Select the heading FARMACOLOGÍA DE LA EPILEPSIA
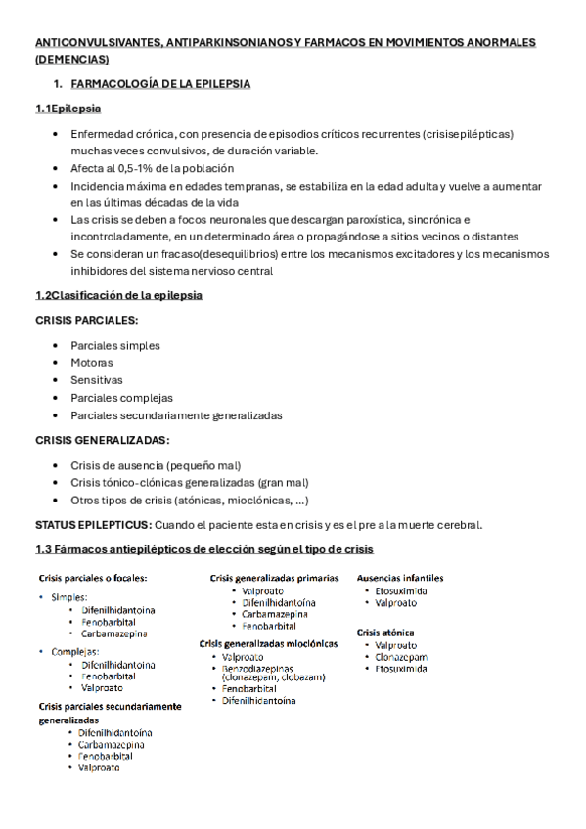pos(160,84)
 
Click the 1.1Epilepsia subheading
pos(68,109)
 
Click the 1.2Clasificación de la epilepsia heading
pos(118,295)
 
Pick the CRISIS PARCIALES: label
pos(86,320)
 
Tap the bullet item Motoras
pos(91,363)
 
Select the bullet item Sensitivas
pos(97,380)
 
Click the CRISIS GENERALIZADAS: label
pos(102,440)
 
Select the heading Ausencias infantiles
pos(400,578)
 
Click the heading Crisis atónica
pos(385,633)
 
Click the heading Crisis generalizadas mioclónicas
pos(269,644)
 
